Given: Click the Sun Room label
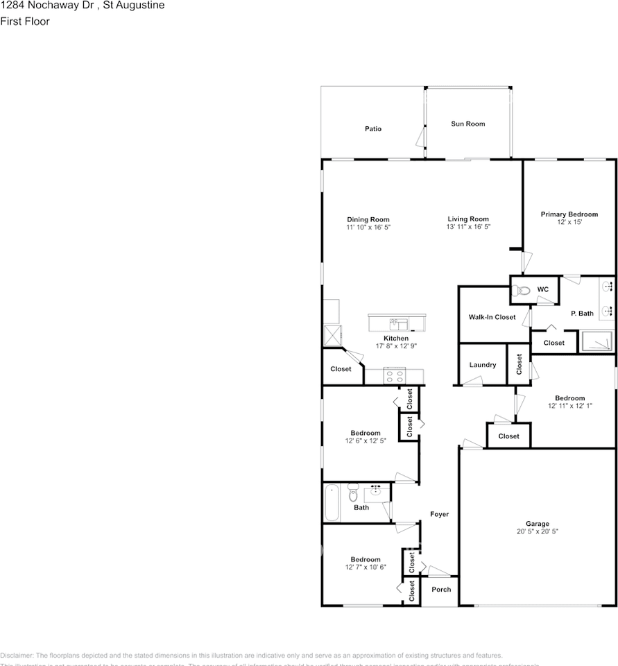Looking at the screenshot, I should (468, 123).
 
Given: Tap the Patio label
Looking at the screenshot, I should (373, 128).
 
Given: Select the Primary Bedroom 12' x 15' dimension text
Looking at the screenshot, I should (569, 223).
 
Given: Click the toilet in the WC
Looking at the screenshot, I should (522, 291).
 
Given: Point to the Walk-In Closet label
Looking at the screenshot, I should (492, 317).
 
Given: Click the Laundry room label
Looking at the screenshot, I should (482, 365).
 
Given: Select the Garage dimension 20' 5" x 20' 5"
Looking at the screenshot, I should (537, 531).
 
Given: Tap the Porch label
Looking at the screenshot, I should (441, 590).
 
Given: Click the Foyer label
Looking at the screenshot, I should (439, 514).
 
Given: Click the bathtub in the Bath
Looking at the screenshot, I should (332, 502).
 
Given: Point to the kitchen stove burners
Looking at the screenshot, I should (395, 377).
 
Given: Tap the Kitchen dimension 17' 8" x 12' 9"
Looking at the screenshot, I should (396, 346).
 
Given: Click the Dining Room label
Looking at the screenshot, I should (368, 219).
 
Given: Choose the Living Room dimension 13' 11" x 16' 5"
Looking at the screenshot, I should (468, 227).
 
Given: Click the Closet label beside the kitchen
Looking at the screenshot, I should (341, 369).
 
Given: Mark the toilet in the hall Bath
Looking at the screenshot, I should (353, 495).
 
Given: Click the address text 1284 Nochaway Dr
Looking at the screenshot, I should (49, 5).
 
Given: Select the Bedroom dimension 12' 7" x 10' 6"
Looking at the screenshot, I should (365, 567).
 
